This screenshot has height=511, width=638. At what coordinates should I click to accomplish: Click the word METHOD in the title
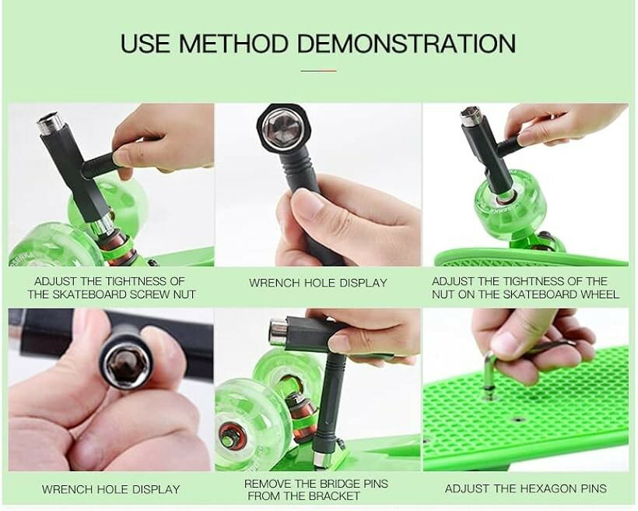point(233,43)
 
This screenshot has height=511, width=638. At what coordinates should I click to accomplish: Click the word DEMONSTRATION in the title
point(406,43)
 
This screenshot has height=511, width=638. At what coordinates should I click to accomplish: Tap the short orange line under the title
point(318,71)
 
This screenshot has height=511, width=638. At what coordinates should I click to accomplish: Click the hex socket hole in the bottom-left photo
point(125,365)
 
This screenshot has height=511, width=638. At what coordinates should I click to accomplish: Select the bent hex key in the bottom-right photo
point(490,373)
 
